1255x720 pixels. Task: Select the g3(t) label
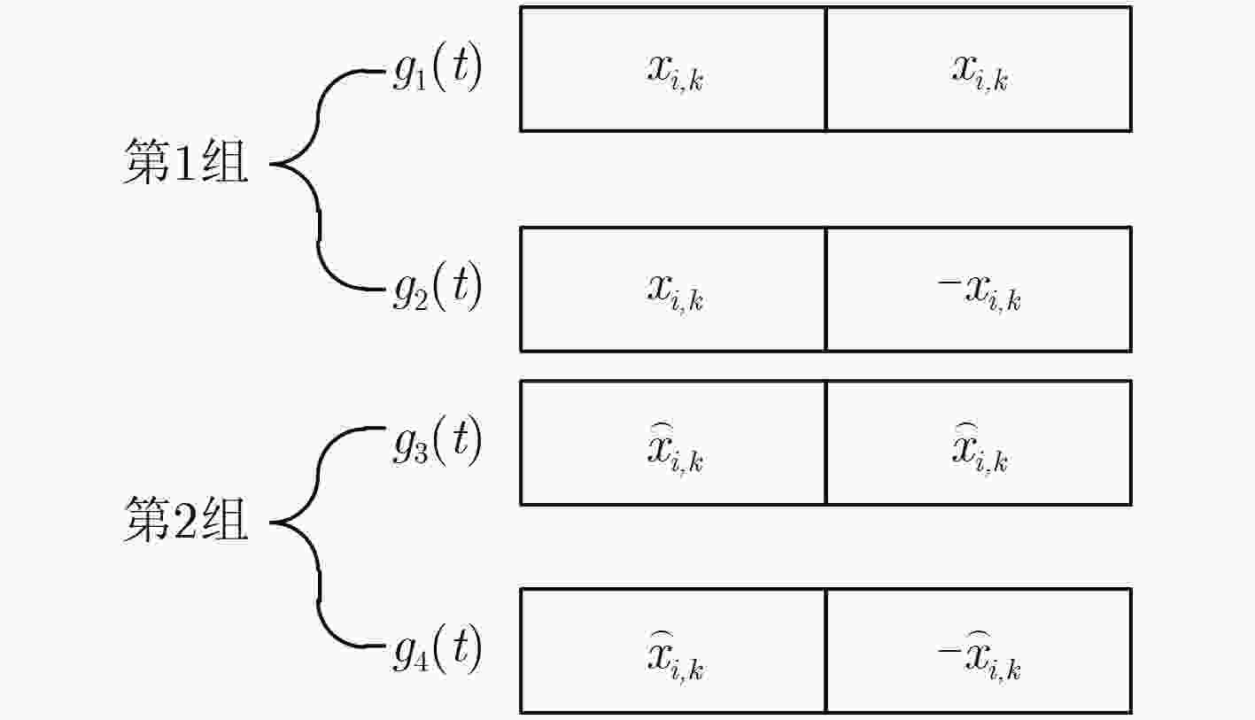click(437, 440)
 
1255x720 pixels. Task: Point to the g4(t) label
click(437, 649)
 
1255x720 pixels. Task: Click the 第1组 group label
click(185, 161)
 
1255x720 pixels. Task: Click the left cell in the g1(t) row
click(673, 69)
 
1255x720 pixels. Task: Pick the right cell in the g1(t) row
click(979, 69)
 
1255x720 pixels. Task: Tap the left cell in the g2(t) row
click(673, 289)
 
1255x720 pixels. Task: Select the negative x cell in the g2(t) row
click(979, 289)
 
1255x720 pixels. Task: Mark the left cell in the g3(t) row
click(673, 443)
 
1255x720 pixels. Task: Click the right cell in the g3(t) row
click(979, 443)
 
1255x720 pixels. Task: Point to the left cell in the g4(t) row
click(673, 651)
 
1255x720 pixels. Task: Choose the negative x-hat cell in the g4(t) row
click(979, 651)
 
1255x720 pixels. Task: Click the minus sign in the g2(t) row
click(949, 284)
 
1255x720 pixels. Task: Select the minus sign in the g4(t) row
click(949, 650)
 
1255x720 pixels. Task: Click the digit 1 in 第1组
click(185, 162)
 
